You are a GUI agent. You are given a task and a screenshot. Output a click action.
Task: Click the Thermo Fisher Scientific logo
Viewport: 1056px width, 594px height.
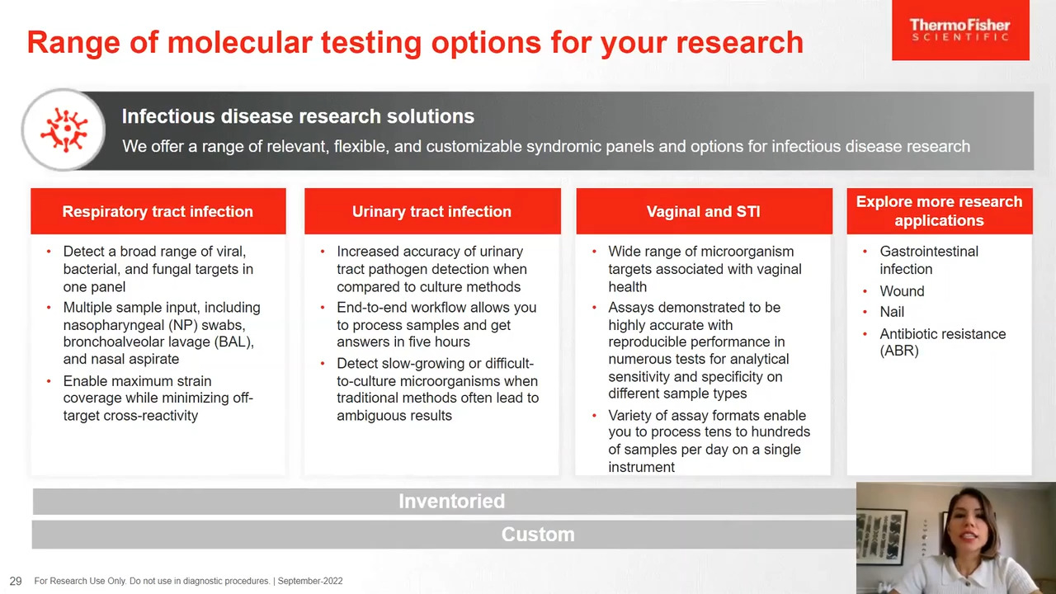960,30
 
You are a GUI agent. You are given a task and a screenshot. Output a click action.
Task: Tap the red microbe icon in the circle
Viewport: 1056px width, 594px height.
64,130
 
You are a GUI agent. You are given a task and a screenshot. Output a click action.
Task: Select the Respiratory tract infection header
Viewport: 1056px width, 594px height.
158,211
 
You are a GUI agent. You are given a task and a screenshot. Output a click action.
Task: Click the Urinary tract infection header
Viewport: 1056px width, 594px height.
432,211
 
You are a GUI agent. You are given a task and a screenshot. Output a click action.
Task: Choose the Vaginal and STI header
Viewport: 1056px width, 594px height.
704,211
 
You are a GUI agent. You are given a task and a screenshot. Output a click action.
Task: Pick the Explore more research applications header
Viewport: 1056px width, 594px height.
940,211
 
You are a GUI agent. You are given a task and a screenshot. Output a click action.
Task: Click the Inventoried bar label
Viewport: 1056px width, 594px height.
451,501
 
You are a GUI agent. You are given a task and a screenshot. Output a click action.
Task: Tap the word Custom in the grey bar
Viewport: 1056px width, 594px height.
538,535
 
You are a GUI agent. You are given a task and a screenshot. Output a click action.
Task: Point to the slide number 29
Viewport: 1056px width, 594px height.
16,581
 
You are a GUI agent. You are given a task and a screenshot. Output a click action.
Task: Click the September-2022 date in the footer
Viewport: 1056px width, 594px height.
310,581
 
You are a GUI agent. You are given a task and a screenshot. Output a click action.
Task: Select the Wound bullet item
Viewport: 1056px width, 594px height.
902,291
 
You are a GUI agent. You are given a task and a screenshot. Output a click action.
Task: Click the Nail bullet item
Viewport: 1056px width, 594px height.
892,312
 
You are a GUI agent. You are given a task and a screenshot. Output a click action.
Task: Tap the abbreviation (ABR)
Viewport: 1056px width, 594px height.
899,351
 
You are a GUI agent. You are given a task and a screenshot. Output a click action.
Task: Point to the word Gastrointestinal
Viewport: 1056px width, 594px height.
929,252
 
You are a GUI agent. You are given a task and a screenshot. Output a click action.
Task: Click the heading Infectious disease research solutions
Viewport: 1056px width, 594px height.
298,116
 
